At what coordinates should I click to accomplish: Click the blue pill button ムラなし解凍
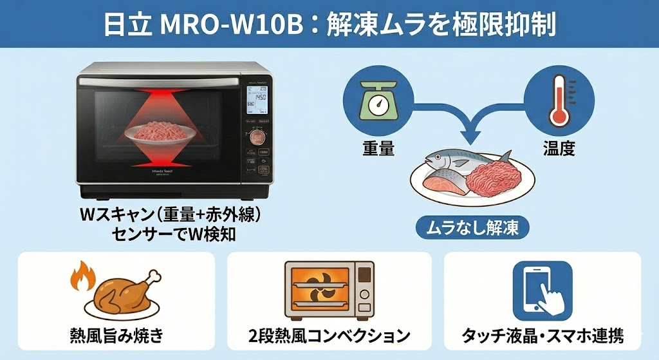pyautogui.click(x=472, y=227)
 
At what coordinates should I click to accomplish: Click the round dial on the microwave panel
pyautogui.click(x=257, y=137)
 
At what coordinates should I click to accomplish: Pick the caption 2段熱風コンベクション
pyautogui.click(x=329, y=336)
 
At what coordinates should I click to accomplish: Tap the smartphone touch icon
pyautogui.click(x=542, y=290)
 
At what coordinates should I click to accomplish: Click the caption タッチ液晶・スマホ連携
pyautogui.click(x=543, y=336)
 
